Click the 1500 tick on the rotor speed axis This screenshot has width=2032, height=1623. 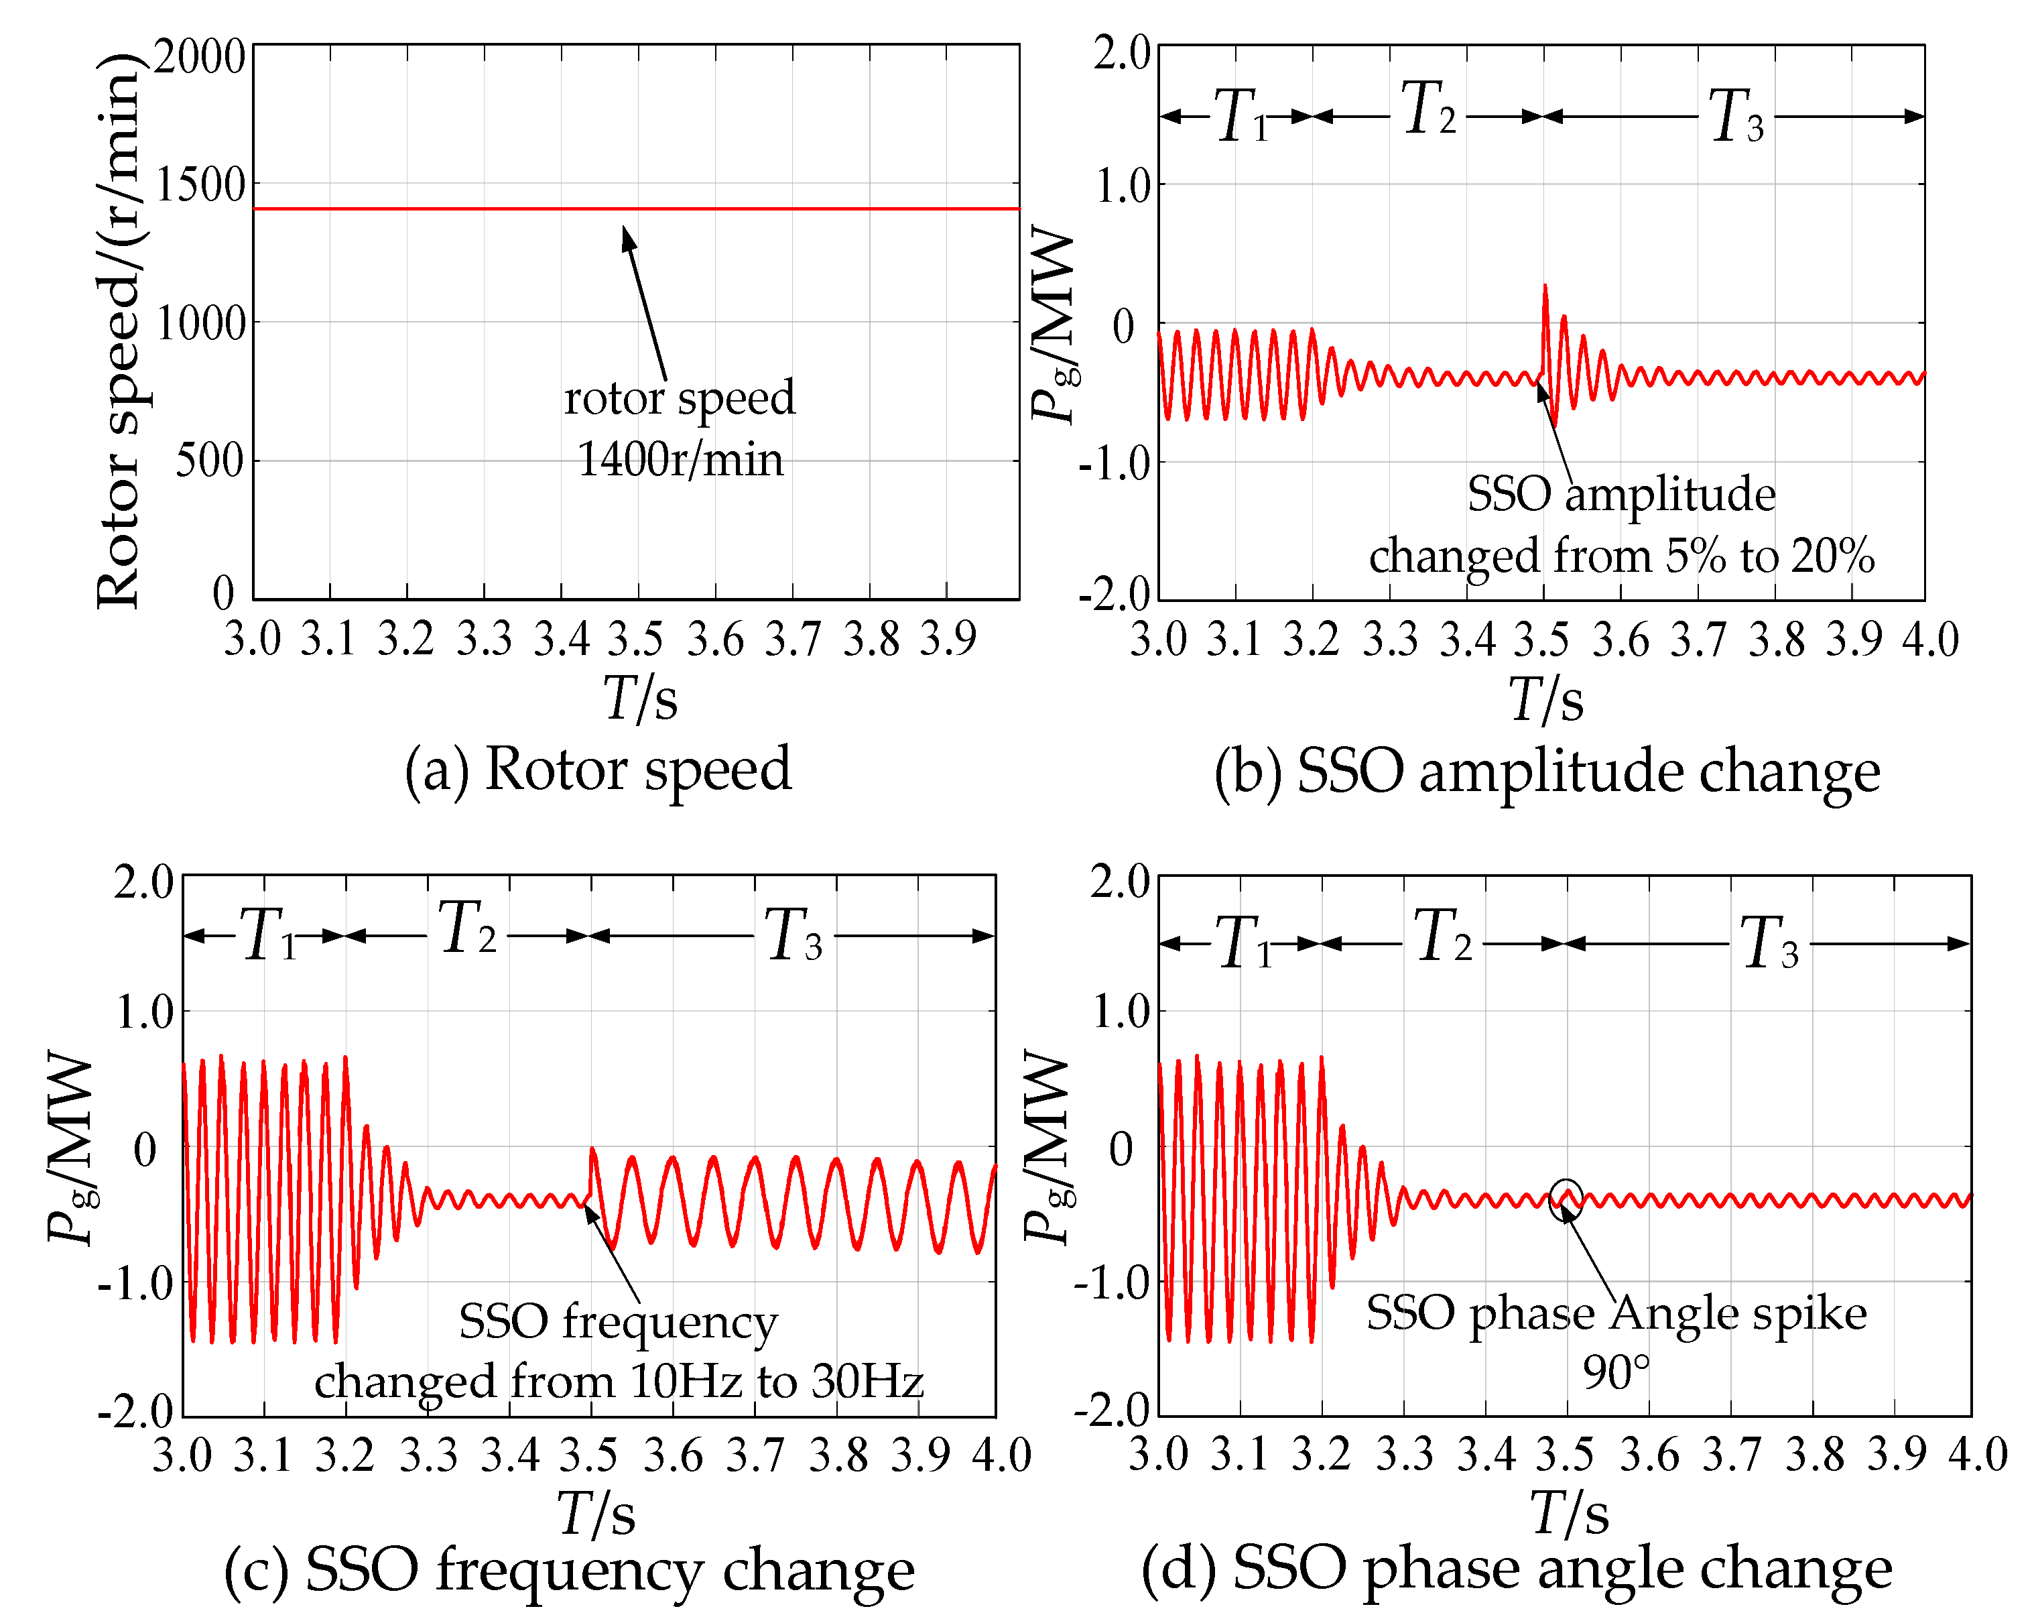coord(200,186)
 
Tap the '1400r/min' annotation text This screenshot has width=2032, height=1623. coord(680,460)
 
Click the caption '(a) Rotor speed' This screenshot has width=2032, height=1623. coord(598,768)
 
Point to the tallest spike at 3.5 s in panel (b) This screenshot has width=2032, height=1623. coord(1545,288)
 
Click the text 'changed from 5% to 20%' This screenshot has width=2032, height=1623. coord(1621,556)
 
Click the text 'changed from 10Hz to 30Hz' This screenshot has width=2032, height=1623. coord(619,1382)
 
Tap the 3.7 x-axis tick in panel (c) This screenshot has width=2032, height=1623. coord(755,1455)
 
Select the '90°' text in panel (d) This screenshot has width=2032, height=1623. coord(1615,1373)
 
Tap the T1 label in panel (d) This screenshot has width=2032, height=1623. coord(1244,943)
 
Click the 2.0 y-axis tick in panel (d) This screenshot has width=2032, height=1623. coord(1121,882)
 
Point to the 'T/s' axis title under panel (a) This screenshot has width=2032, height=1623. coord(640,699)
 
